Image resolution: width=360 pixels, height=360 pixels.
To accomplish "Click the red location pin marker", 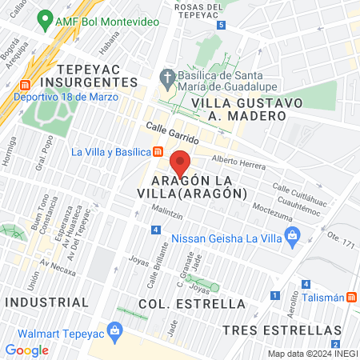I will tap(182, 162).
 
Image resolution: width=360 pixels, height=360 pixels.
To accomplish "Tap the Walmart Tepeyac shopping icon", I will tap(115, 330).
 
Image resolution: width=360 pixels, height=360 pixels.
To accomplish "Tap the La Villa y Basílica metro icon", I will tap(158, 152).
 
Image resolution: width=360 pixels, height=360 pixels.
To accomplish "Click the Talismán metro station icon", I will tap(351, 297).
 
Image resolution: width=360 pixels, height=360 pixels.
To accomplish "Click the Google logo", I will tap(26, 350).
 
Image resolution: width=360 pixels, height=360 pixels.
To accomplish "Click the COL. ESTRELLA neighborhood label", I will tap(191, 304).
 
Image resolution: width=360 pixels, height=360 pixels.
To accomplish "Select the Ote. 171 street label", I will tap(340, 239).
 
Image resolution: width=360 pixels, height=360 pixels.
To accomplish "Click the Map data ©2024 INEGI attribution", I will tap(313, 354).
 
